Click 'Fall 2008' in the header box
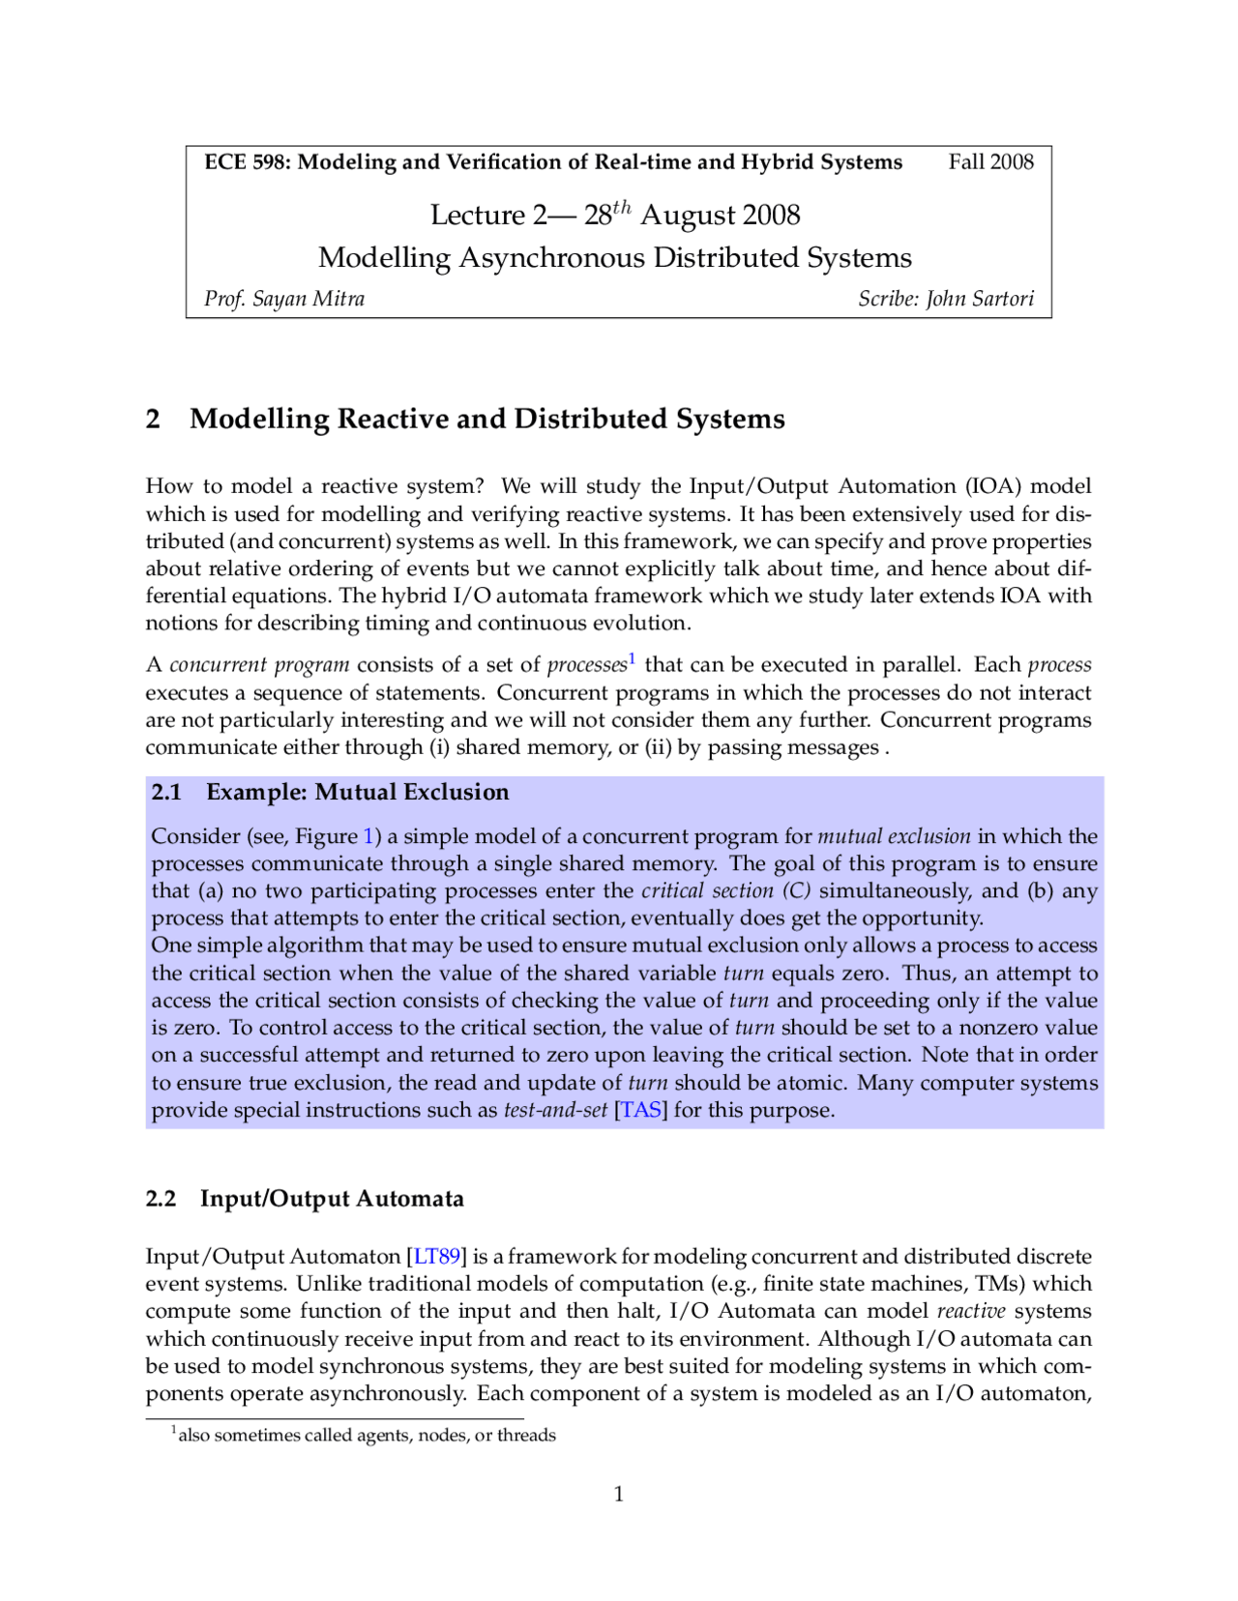(990, 161)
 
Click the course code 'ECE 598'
(247, 161)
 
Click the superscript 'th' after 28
(622, 206)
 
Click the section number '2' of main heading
(153, 419)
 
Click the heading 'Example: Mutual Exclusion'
(357, 792)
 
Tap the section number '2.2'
(161, 1199)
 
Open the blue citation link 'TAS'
(640, 1110)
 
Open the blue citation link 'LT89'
(437, 1256)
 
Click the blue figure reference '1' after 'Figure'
(368, 836)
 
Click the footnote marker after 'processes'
(632, 658)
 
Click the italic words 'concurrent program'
(259, 665)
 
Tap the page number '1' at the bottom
(619, 1495)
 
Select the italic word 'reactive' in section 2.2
(971, 1311)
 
